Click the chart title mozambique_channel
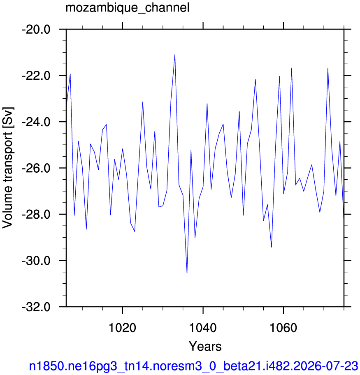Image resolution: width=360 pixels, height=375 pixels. coord(128,8)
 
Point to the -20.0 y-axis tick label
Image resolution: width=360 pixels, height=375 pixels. coord(36,30)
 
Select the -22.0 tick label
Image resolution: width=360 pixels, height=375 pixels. coord(36,76)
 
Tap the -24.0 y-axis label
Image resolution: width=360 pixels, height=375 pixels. coord(36,122)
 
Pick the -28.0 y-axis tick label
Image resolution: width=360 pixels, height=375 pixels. coord(36,215)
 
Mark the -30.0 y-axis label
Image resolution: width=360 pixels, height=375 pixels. coord(36,261)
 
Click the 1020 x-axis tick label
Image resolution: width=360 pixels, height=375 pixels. coord(122,328)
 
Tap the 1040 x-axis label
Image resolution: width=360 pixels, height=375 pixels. coord(203,328)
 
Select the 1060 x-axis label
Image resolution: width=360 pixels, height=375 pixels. coord(283,328)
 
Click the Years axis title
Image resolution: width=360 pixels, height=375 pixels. coord(205,346)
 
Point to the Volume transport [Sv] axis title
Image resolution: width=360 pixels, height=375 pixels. coord(8,168)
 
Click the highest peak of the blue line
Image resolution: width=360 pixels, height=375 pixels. coord(175,54)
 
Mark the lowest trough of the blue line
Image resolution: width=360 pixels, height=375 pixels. coord(187,273)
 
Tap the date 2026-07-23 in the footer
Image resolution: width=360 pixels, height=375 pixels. coord(325,366)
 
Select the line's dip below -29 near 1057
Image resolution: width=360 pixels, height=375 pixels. coord(272,247)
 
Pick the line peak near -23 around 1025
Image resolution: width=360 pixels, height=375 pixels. coord(143,102)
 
